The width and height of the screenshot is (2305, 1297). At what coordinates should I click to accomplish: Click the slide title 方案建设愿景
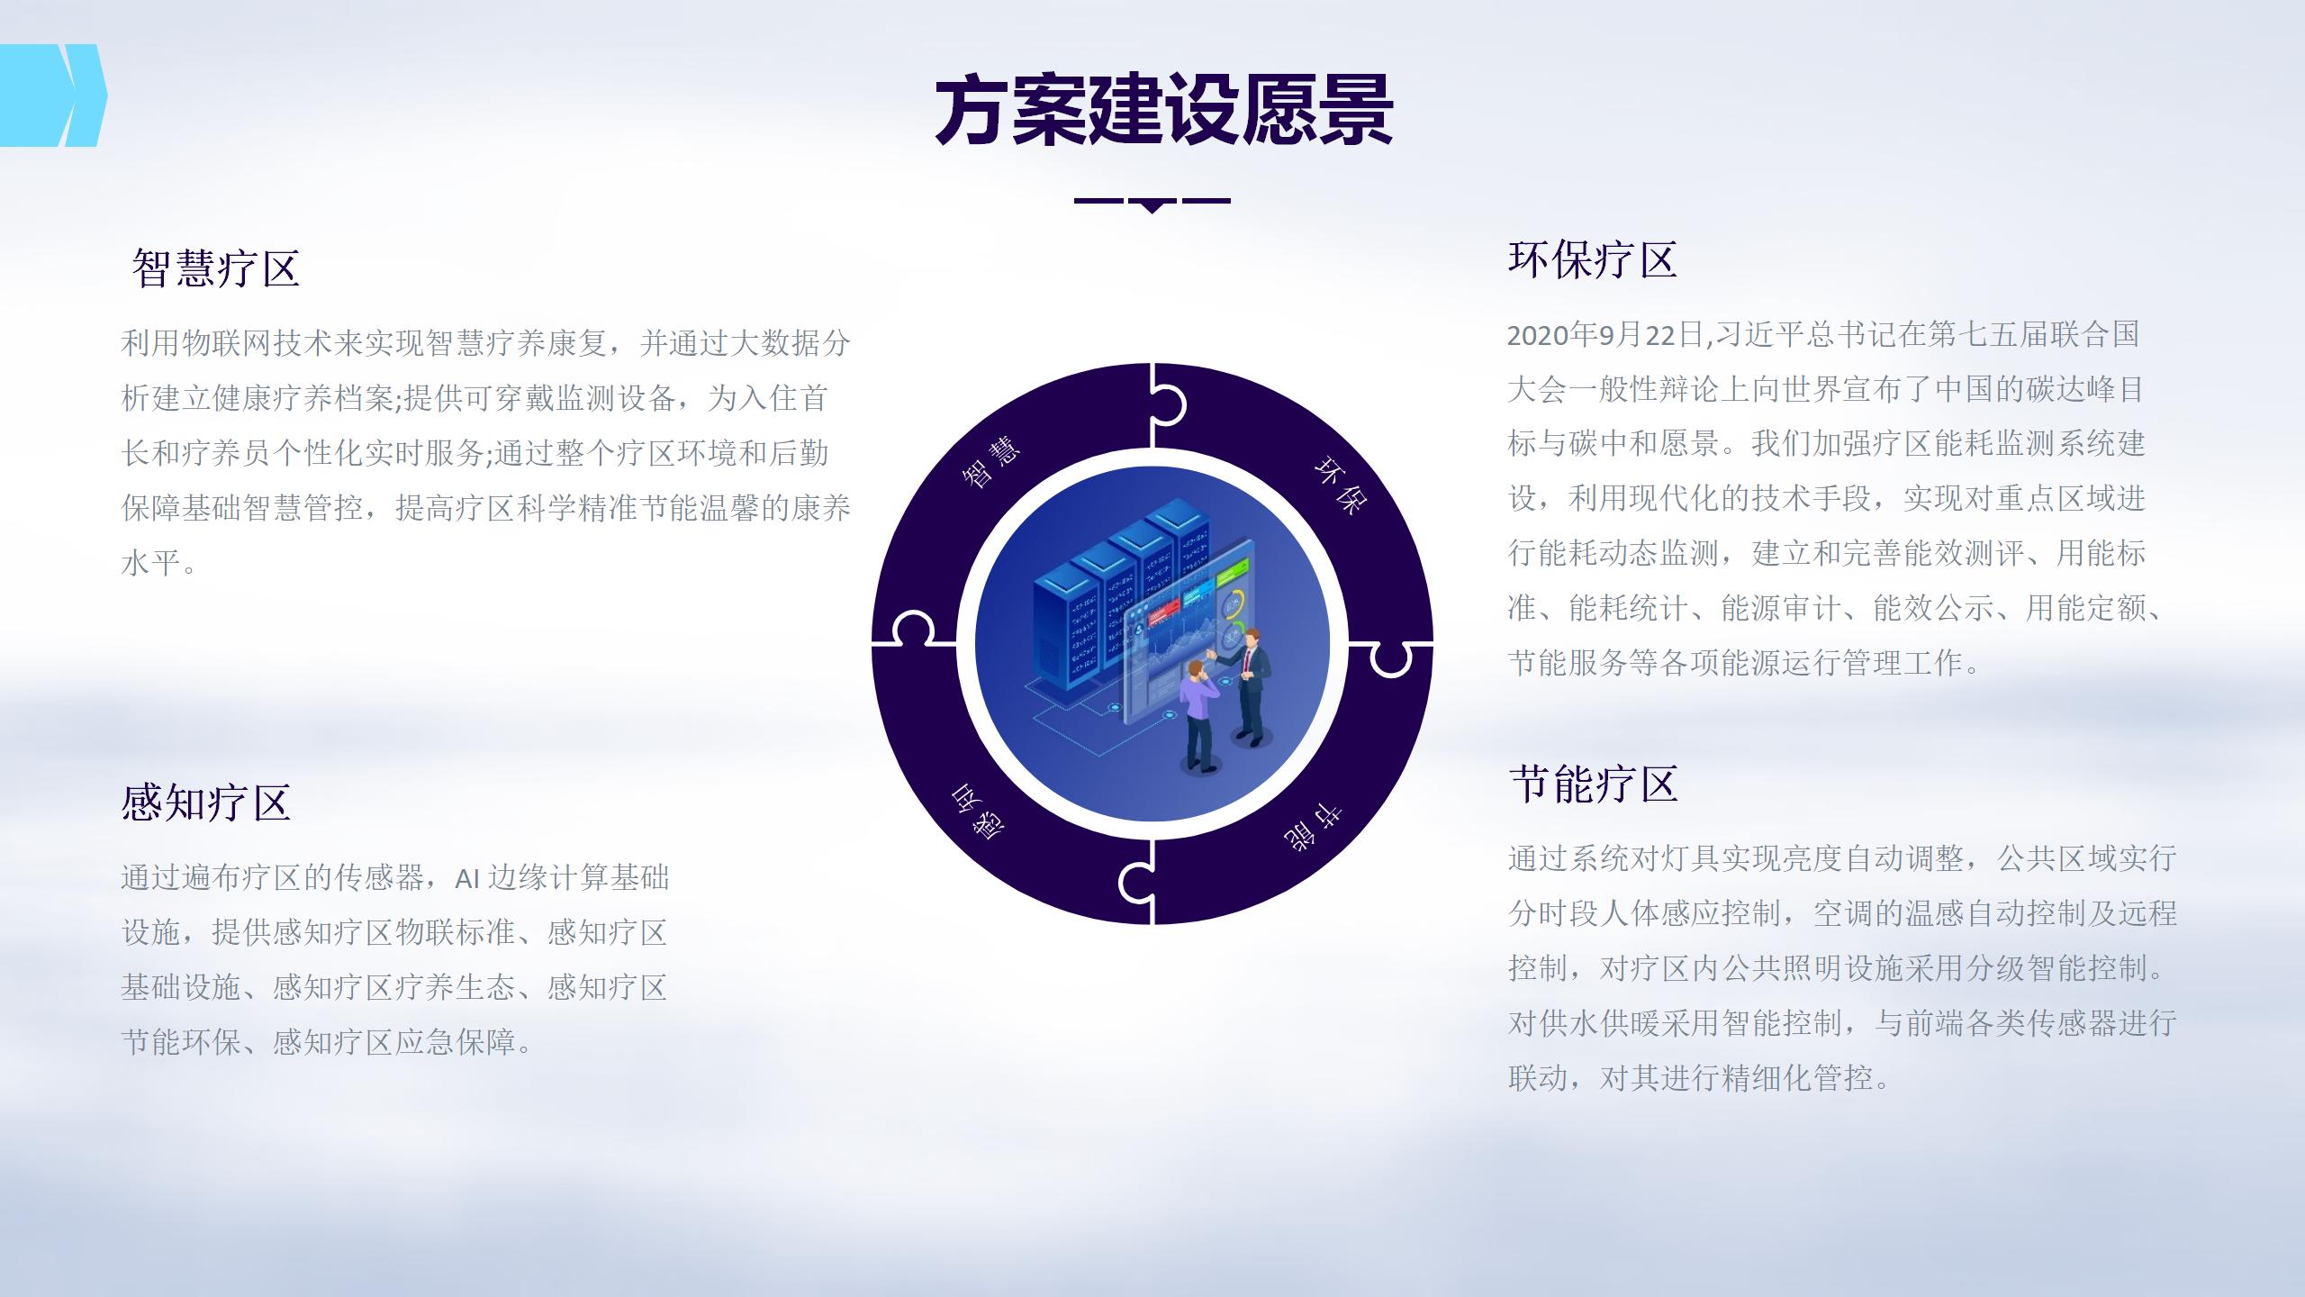coord(1163,112)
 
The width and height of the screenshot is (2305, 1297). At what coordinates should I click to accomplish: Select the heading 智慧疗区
coord(216,268)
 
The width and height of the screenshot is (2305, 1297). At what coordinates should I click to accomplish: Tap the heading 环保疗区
coord(1592,260)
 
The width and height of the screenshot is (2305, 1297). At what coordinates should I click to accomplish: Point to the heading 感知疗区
coord(206,803)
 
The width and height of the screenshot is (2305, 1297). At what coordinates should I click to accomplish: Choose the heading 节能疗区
coord(1594,784)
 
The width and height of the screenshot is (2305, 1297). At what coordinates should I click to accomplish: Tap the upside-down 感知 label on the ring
coord(978,812)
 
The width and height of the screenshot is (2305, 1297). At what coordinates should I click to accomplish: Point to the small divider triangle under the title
coord(1152,206)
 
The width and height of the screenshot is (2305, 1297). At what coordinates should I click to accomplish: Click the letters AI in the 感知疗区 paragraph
coord(467,878)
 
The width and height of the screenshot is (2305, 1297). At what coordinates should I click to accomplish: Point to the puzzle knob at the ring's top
coord(1168,405)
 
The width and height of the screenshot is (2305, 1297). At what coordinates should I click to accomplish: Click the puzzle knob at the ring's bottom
coord(1136,884)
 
